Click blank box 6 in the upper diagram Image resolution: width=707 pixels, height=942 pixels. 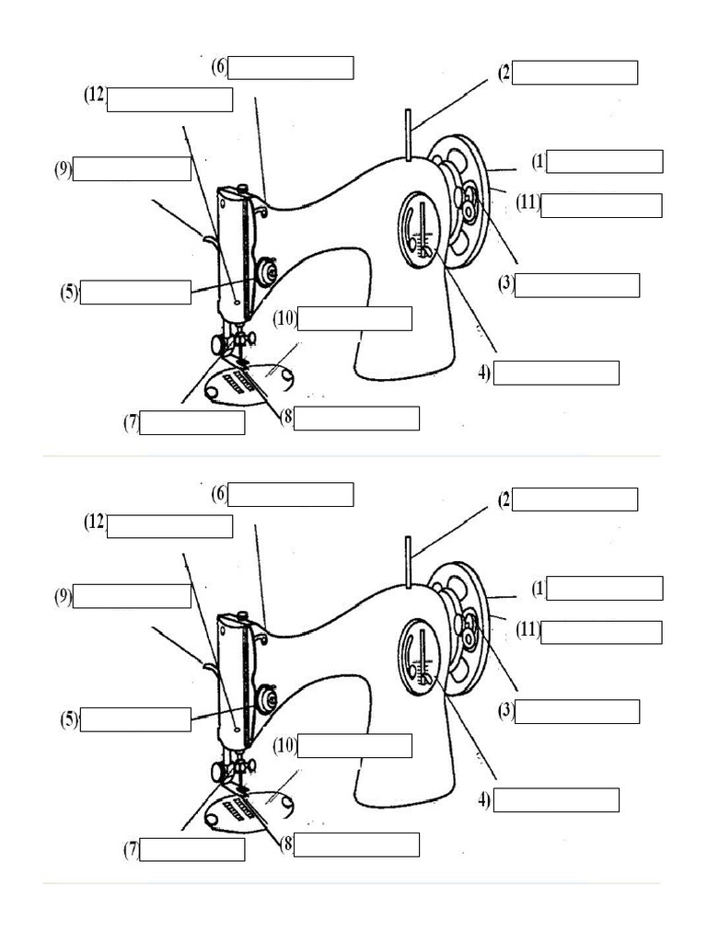tap(291, 68)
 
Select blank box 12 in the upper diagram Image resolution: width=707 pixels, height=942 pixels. tap(169, 99)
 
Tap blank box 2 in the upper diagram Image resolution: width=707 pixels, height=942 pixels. tap(574, 73)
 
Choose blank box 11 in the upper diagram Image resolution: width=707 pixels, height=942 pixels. tap(601, 205)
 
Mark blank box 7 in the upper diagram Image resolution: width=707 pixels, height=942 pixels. tap(192, 423)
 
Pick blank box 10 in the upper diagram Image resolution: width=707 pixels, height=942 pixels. tap(354, 318)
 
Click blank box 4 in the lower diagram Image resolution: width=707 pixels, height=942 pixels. tap(556, 800)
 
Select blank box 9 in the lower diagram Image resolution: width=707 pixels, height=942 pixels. tap(132, 596)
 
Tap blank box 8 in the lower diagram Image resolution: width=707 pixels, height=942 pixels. tap(356, 844)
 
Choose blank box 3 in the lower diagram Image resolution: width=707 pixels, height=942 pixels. tap(577, 711)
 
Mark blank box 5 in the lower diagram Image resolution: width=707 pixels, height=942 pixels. tap(135, 719)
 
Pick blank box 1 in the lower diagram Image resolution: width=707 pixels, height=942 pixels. tap(604, 588)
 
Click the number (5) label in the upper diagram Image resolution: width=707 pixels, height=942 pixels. tap(69, 293)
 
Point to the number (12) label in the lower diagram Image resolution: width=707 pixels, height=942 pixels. tap(95, 523)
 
